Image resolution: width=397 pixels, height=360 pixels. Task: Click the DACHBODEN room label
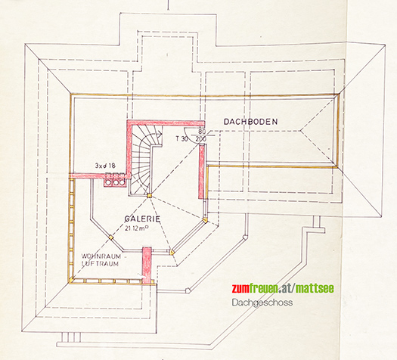[x=250, y=122]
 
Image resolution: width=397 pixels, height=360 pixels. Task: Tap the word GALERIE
[x=142, y=219]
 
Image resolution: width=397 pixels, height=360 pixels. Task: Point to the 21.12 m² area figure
[x=136, y=228]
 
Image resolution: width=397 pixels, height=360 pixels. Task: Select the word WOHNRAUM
[x=101, y=256]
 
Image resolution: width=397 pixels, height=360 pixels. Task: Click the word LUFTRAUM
[x=100, y=263]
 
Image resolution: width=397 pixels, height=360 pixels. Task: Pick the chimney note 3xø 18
[x=105, y=166]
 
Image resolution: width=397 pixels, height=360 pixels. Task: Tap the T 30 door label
[x=181, y=138]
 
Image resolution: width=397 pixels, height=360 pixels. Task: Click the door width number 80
[x=202, y=132]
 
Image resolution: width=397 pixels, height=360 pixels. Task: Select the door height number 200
[x=201, y=138]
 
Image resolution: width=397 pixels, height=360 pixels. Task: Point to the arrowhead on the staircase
[x=160, y=132]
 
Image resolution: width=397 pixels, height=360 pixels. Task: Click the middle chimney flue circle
[x=116, y=182]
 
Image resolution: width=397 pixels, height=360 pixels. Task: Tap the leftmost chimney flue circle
[x=109, y=182]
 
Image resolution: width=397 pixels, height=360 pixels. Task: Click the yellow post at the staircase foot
[x=149, y=195]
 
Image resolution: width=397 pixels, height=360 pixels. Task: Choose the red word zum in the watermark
[x=240, y=288]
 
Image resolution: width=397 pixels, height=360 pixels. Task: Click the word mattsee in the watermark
[x=315, y=288]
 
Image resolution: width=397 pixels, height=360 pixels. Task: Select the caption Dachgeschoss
[x=262, y=303]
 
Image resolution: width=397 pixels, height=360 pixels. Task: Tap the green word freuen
[x=264, y=288]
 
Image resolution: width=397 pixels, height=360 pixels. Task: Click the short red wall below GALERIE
[x=147, y=265]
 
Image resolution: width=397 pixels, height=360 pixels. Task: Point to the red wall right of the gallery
[x=202, y=171]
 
